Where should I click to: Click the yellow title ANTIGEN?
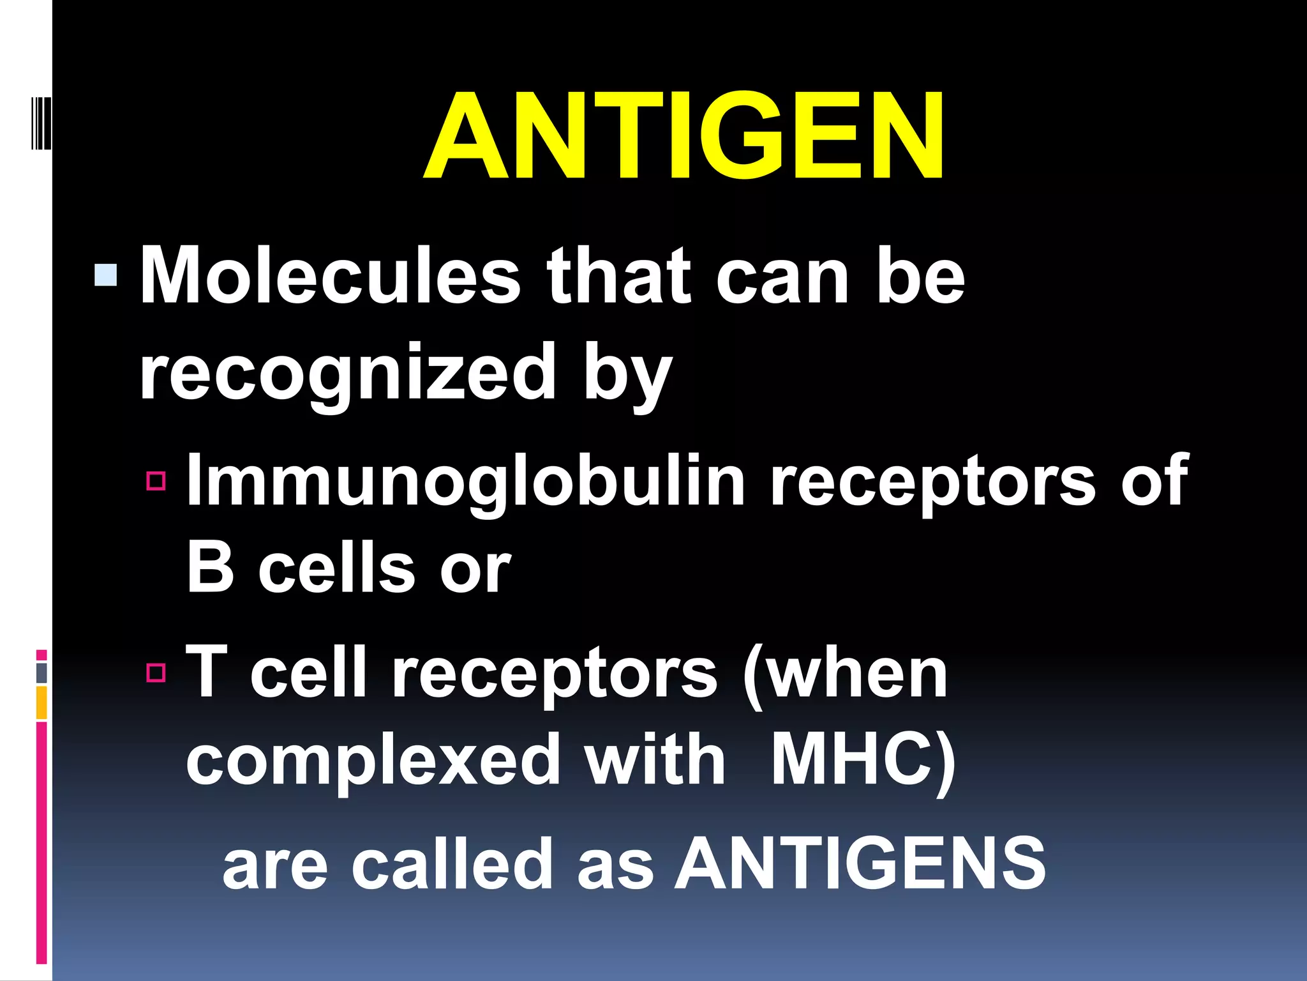click(x=683, y=135)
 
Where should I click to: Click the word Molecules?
click(x=331, y=277)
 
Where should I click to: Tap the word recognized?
click(x=348, y=372)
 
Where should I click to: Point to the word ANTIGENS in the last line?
click(x=860, y=863)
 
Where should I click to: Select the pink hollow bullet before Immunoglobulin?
click(x=156, y=480)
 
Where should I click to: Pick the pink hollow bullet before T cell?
click(x=156, y=673)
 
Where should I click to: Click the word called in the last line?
click(x=452, y=863)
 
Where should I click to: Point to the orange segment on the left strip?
click(x=41, y=703)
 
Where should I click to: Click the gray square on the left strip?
click(x=41, y=673)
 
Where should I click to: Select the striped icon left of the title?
click(x=40, y=123)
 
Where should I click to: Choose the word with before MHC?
click(x=655, y=760)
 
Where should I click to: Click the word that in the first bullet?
click(x=619, y=277)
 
